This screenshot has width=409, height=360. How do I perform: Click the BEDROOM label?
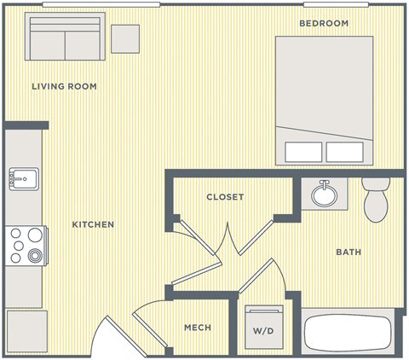(324, 23)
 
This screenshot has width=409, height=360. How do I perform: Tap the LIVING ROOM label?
(64, 86)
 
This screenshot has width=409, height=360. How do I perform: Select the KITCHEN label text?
(93, 224)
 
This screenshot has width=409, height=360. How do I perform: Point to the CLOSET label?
(225, 197)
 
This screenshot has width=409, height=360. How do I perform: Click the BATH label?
(349, 252)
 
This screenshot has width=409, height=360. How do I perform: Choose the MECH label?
(198, 328)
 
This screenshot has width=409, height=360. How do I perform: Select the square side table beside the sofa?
(125, 38)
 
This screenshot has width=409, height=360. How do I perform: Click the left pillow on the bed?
(302, 152)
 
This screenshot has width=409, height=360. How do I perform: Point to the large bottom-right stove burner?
(35, 255)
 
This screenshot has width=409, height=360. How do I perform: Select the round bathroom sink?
(324, 195)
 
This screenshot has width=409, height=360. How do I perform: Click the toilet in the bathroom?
(375, 199)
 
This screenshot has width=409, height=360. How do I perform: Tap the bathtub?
(349, 334)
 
